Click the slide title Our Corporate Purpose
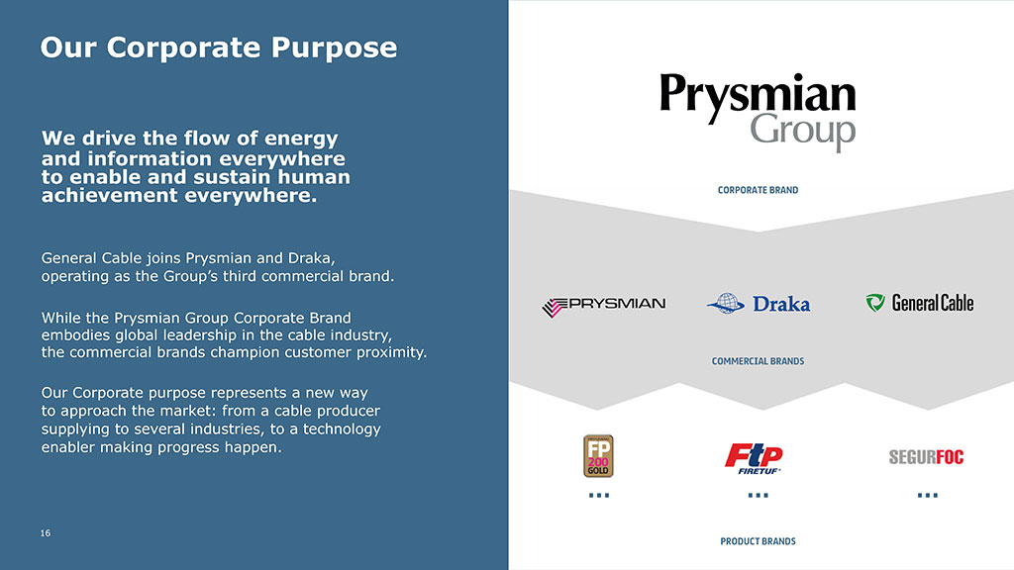(x=219, y=47)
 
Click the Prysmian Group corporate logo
(x=758, y=111)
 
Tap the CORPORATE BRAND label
(x=758, y=190)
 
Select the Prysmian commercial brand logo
(x=603, y=306)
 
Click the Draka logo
(x=758, y=303)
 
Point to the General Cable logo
(x=920, y=303)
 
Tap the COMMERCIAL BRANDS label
(x=758, y=361)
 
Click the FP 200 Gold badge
(x=598, y=456)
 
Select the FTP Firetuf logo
(x=754, y=458)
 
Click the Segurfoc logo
(x=926, y=457)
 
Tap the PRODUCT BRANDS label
(x=758, y=541)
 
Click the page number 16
(x=46, y=533)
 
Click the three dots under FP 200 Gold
(x=599, y=496)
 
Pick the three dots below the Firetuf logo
(x=758, y=496)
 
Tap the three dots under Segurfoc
(x=927, y=496)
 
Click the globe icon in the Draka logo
(x=726, y=303)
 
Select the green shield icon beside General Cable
(x=875, y=303)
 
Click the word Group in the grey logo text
(x=803, y=132)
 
